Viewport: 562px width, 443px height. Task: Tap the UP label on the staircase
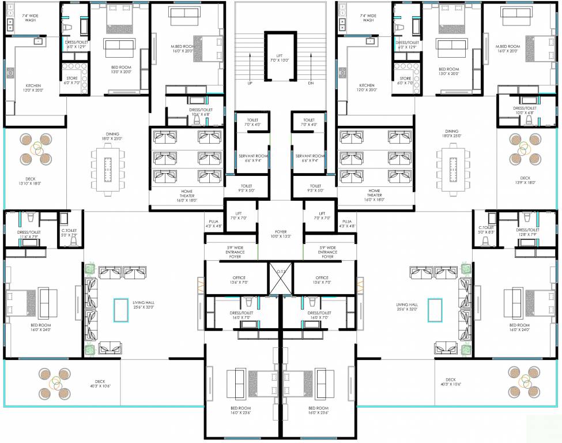(x=250, y=84)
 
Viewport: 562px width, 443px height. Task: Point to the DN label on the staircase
(x=311, y=84)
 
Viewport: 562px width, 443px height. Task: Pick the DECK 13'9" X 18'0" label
(x=525, y=181)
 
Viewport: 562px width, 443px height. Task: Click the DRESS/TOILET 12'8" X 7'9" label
(x=527, y=232)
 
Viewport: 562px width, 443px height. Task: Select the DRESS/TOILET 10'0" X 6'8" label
(x=525, y=110)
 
